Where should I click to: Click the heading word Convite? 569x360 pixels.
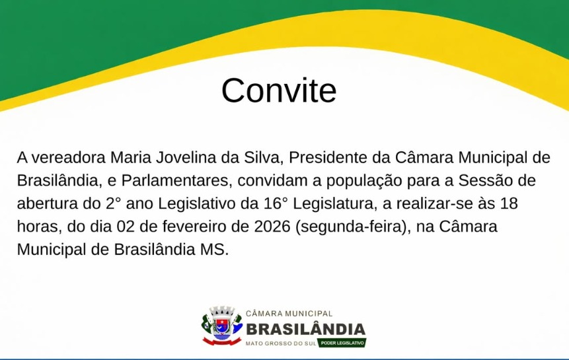point(279,90)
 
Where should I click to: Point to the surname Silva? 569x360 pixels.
point(262,158)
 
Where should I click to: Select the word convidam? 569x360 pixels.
point(272,181)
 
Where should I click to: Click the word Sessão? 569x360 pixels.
point(484,181)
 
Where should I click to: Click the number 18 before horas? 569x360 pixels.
point(509,203)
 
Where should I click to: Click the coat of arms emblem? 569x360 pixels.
point(222,325)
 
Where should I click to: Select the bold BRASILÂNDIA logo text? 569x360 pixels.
point(306,329)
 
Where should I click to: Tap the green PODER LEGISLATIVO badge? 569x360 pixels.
point(342,343)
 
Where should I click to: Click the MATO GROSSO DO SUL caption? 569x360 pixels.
point(281,343)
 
